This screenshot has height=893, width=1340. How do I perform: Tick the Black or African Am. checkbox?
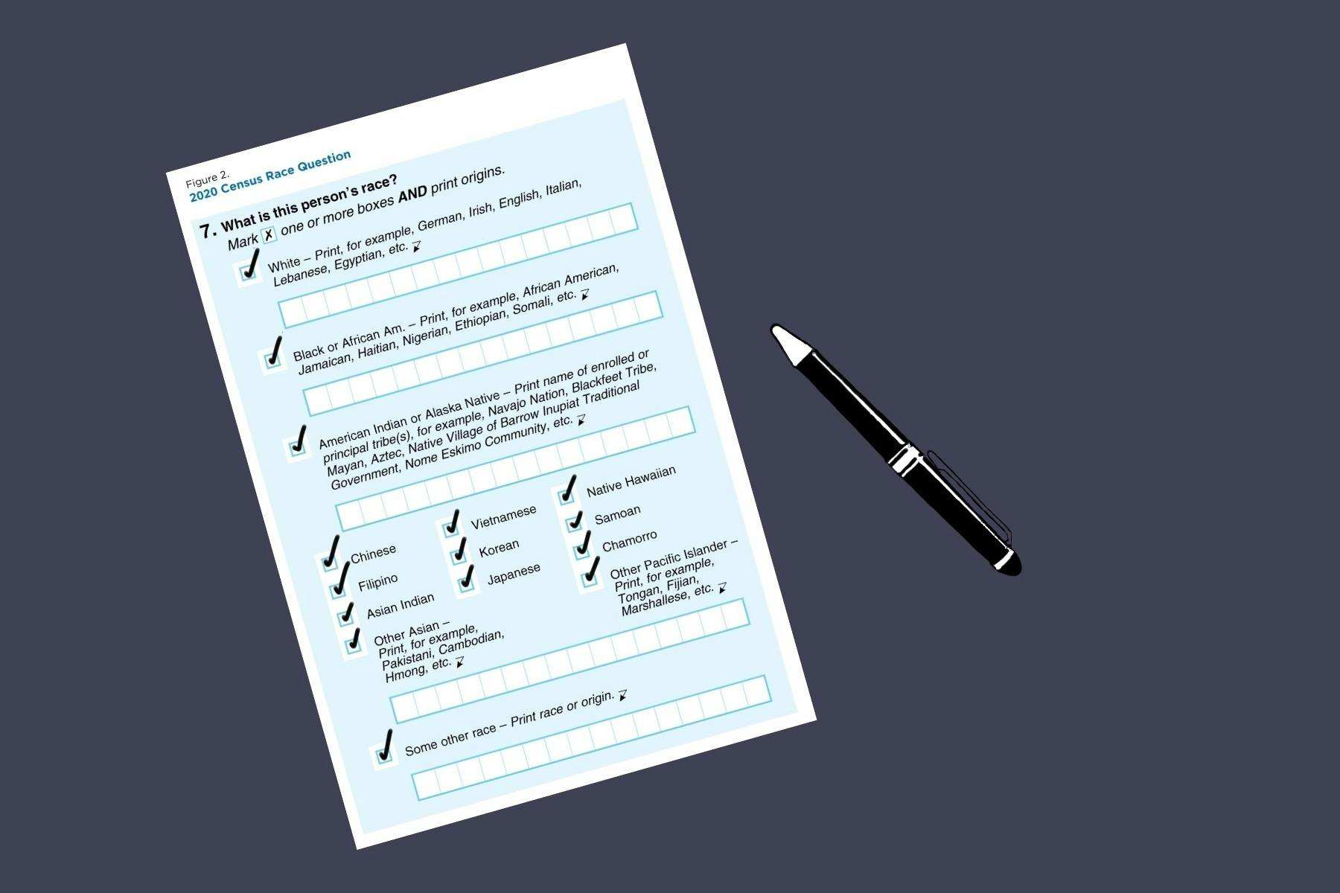pos(273,361)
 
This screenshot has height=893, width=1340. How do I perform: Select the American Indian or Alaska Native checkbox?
pos(296,448)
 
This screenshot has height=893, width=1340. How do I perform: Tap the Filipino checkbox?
pos(339,590)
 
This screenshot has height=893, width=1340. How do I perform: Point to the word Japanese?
pos(514,574)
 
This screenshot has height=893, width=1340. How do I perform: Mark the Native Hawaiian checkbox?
pos(567,496)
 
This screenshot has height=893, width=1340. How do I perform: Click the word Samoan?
pos(617,513)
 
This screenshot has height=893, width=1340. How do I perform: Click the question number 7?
pos(208,230)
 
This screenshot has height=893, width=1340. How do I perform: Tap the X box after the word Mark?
pos(269,234)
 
